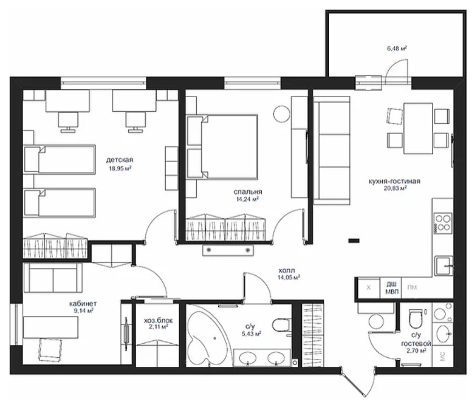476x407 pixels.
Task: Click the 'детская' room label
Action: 120,159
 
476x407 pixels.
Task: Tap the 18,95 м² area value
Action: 120,168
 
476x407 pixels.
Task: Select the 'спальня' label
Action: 248,192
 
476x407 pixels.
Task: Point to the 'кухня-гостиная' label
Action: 395,181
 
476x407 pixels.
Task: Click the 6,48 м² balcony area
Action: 397,48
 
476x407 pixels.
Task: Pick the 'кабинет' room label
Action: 83,303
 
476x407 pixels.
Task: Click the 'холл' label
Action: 287,270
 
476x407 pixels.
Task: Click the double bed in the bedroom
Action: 222,147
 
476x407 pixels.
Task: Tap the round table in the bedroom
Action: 282,114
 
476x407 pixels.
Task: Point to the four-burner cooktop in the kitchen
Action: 443,223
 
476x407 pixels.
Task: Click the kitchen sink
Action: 444,266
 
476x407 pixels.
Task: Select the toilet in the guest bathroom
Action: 416,319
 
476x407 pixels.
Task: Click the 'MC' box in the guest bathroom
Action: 442,356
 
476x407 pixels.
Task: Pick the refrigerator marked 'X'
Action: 369,288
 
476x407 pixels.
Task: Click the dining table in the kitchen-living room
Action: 418,128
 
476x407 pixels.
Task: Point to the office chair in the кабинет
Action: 50,349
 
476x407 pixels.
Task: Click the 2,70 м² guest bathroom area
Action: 416,350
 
